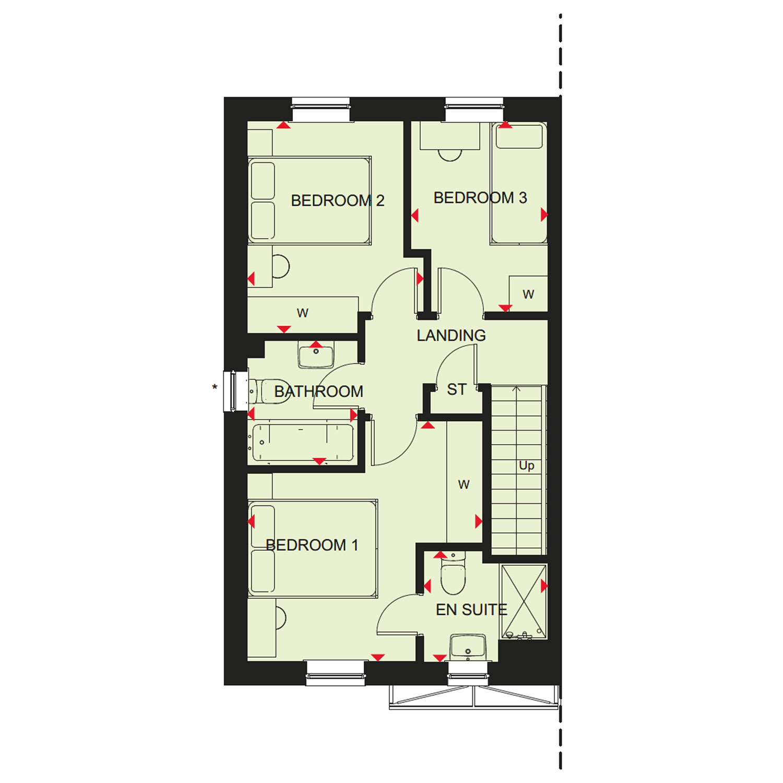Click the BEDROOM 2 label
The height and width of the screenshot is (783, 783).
click(337, 200)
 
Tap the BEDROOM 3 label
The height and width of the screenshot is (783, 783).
click(480, 198)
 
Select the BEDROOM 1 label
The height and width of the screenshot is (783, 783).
click(312, 545)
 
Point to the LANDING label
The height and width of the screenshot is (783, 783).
click(451, 335)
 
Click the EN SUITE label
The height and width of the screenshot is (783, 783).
click(471, 609)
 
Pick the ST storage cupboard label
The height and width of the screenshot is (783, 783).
click(456, 389)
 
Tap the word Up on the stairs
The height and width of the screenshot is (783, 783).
click(526, 466)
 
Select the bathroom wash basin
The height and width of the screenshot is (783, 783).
click(316, 355)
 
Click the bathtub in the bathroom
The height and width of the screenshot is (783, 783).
click(303, 443)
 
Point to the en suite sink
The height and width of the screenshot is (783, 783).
click(468, 647)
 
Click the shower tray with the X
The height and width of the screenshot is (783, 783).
click(524, 601)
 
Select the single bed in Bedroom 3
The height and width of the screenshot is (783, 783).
click(518, 183)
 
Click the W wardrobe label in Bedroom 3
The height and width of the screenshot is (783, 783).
click(528, 294)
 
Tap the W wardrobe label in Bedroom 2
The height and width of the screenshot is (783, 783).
click(302, 313)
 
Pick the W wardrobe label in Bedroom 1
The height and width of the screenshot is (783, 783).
click(464, 485)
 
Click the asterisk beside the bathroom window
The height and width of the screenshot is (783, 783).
click(215, 388)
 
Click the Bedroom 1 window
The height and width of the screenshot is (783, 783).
click(335, 672)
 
